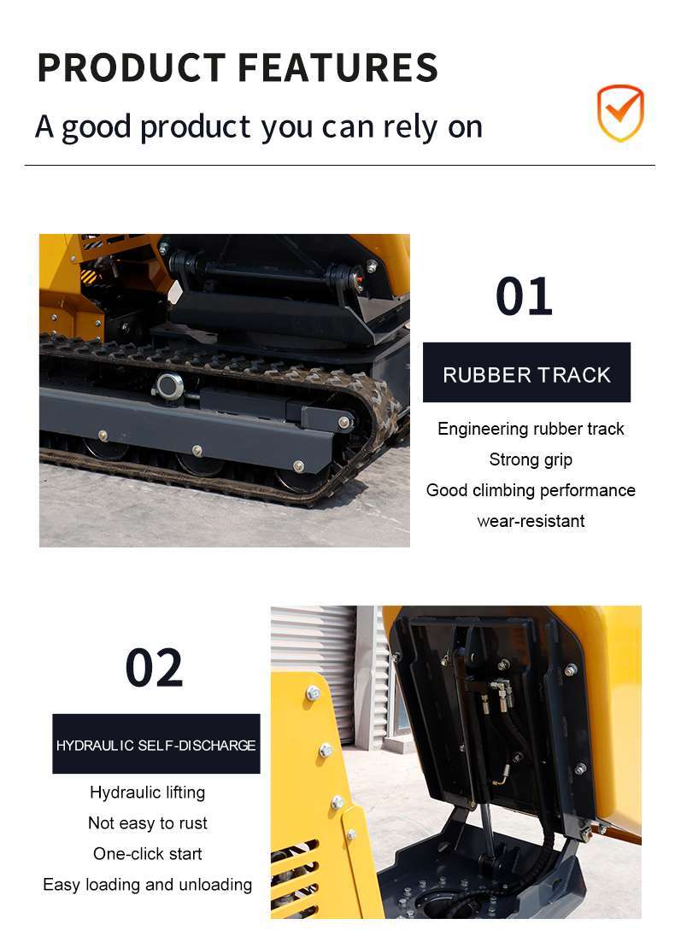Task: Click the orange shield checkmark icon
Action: pyautogui.click(x=620, y=113)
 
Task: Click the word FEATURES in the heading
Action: pyautogui.click(x=338, y=67)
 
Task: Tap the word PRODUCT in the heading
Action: pyautogui.click(x=132, y=67)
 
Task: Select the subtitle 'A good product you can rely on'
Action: pyautogui.click(x=259, y=127)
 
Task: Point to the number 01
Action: pyautogui.click(x=524, y=296)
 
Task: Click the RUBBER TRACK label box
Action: pyautogui.click(x=527, y=372)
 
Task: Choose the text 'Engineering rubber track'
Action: pyautogui.click(x=531, y=429)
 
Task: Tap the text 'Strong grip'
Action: pyautogui.click(x=531, y=459)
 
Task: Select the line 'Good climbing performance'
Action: pyautogui.click(x=531, y=490)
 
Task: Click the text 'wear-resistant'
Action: pyautogui.click(x=531, y=521)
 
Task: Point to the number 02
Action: pyautogui.click(x=155, y=668)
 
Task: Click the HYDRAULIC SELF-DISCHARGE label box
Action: pyautogui.click(x=156, y=744)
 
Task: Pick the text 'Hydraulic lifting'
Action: pyautogui.click(x=148, y=793)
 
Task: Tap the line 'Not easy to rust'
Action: pyautogui.click(x=148, y=823)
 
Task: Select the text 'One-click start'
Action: pyautogui.click(x=148, y=854)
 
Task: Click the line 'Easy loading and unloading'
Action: pyautogui.click(x=148, y=885)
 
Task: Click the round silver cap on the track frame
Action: pyautogui.click(x=169, y=384)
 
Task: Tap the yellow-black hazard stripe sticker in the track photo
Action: pyautogui.click(x=90, y=278)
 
